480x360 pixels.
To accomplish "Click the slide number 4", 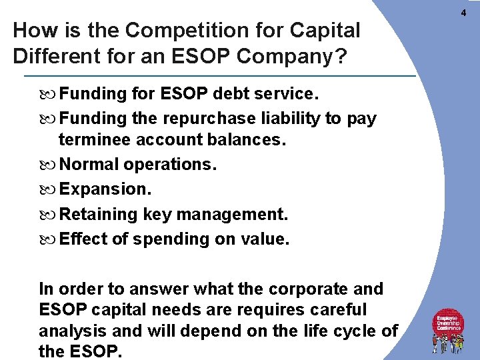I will (463, 14).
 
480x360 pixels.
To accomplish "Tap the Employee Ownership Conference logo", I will (449, 331).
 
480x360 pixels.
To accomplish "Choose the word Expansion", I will (105, 189).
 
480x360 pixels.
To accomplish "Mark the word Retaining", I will (98, 214).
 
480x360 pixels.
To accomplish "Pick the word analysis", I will (69, 331).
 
